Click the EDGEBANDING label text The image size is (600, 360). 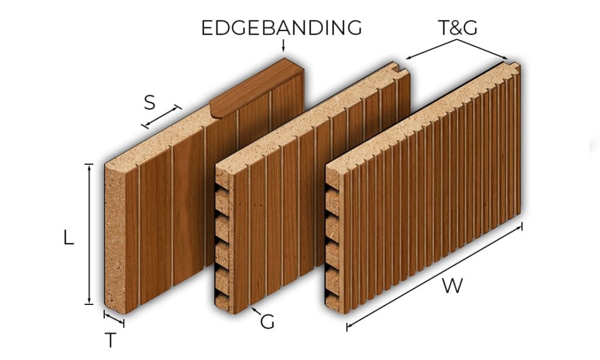tap(281, 28)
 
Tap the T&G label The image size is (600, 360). tap(458, 28)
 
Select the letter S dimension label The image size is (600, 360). tap(149, 103)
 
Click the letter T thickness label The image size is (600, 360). tap(111, 340)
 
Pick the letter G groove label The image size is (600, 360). tap(267, 321)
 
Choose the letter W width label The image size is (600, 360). tap(452, 286)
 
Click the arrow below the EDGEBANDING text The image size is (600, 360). tap(283, 45)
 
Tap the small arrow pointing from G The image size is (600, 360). tap(255, 311)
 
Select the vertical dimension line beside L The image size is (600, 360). tap(89, 234)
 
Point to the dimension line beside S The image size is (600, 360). tap(161, 117)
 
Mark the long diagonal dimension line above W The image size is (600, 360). tap(434, 277)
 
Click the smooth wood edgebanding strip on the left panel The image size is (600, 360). tap(257, 88)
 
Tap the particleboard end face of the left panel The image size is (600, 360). tap(115, 237)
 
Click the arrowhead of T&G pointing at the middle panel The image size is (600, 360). tap(408, 58)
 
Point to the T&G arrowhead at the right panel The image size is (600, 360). tap(505, 57)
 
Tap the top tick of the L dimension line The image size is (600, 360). tap(89, 164)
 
